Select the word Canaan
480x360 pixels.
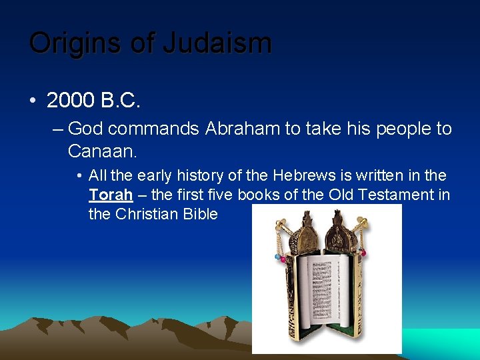coord(102,151)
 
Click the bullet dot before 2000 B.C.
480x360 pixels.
coord(33,101)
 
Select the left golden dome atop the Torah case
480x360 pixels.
coord(305,233)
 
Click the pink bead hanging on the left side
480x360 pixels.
coord(283,259)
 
